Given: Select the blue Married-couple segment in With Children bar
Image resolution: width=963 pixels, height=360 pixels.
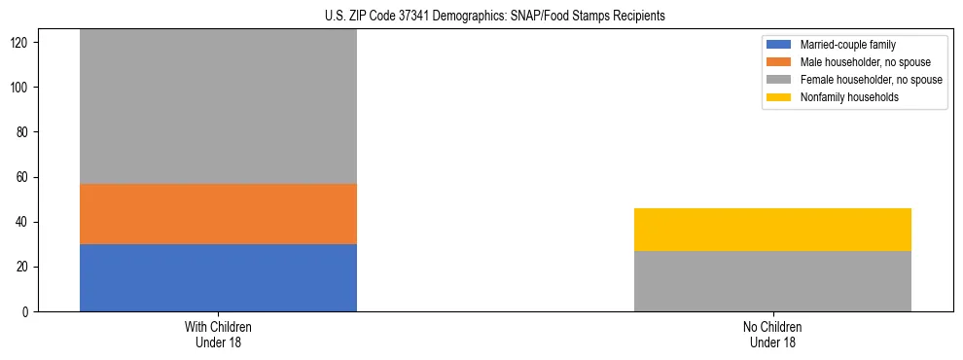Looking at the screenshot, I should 218,277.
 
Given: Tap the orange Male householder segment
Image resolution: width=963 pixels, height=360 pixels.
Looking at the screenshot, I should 218,214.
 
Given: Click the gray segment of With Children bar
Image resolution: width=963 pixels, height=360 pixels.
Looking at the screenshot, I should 218,107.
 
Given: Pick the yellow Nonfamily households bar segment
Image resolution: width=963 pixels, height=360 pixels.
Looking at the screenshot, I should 772,230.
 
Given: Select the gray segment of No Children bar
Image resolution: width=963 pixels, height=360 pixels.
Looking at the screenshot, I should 772,281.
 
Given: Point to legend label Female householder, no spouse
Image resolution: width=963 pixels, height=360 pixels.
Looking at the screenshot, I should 871,80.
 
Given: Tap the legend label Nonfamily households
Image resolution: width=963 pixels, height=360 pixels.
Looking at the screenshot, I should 848,97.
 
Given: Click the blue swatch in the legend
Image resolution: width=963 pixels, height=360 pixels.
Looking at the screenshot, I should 779,45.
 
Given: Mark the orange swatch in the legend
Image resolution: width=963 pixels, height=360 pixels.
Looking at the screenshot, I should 779,62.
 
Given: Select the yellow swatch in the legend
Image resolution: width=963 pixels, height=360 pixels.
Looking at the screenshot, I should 779,97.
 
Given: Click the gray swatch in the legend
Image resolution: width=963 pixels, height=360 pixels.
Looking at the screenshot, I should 779,80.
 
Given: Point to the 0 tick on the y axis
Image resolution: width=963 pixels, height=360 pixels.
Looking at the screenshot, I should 27,312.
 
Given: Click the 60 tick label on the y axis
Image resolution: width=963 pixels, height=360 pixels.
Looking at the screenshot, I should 24,177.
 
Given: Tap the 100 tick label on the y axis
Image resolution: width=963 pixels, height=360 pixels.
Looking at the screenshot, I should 21,88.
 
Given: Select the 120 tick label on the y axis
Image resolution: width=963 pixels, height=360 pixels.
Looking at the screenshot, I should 21,43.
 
